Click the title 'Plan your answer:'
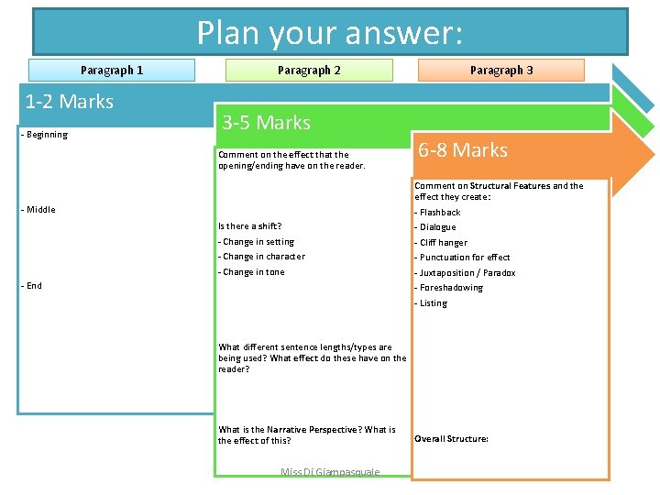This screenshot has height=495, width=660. pos(330,33)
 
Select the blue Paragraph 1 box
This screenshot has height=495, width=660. pos(112,71)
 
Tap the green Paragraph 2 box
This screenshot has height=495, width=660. pos(309,71)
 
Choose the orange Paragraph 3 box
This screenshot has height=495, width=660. pos(500,71)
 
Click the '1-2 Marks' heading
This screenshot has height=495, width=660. pos(70,102)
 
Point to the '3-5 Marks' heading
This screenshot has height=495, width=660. pos(266,123)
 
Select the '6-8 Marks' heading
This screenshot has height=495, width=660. pos(462,150)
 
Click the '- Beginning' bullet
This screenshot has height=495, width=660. pos(44,135)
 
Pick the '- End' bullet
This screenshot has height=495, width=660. pos(32,286)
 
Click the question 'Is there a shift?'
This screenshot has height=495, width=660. pos(249,226)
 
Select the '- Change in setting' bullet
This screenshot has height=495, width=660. pos(256,242)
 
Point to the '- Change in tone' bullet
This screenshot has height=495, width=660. pos(251,272)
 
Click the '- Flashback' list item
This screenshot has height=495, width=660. pos(437,213)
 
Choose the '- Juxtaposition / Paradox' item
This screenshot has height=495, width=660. pos(465,273)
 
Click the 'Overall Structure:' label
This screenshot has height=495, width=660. pos(451,439)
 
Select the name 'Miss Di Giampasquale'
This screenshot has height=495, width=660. pos(329,472)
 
